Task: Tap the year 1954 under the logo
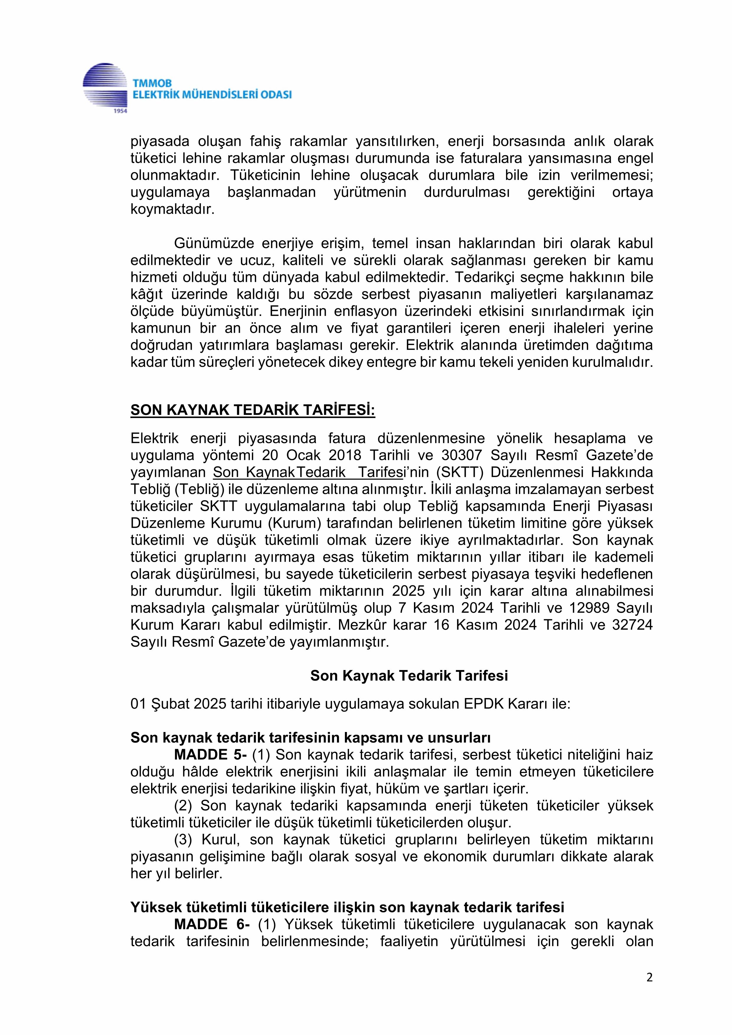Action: tap(119, 111)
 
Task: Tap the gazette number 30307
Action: tap(462, 455)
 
